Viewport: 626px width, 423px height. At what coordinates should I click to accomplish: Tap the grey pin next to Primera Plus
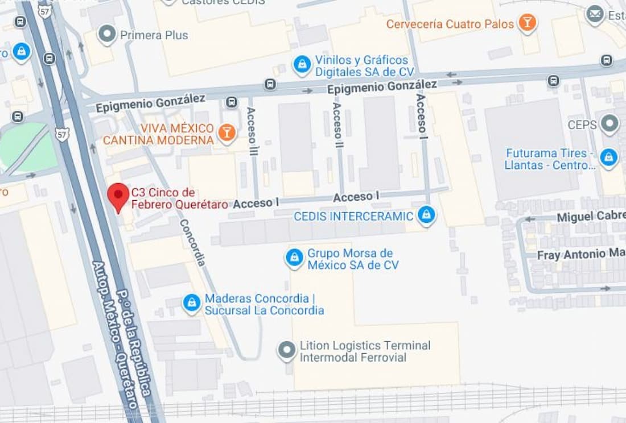tap(107, 34)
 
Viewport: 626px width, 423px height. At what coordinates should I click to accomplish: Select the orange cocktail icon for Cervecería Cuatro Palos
tap(528, 24)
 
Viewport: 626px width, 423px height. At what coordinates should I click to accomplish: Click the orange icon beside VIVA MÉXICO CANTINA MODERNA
tap(227, 134)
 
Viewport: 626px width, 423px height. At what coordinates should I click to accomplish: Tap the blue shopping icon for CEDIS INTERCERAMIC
tap(426, 215)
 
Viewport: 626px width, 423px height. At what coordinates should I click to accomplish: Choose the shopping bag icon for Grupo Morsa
tap(294, 259)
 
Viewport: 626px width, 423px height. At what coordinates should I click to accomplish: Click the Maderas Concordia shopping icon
tap(192, 304)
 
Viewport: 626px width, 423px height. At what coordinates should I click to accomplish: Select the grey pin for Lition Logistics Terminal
tap(287, 351)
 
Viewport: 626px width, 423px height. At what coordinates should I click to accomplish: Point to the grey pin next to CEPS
tap(609, 124)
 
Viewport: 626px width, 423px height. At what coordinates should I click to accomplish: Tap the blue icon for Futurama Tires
tap(609, 158)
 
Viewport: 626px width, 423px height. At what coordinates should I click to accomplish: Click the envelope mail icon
tap(595, 14)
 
